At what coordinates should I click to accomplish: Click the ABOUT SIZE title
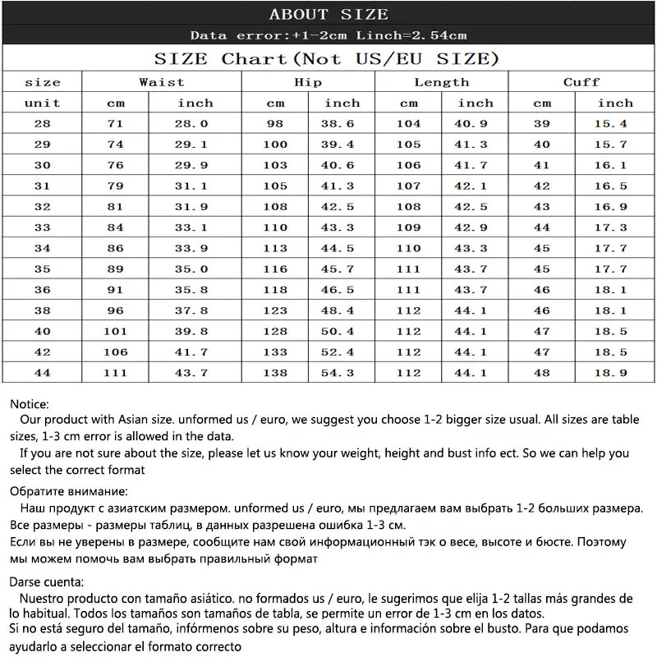coord(328,15)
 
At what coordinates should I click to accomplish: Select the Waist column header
coord(162,82)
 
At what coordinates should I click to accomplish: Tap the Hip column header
coord(308,82)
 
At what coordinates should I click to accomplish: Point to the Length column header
coord(442,82)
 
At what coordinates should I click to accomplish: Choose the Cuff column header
coord(581,82)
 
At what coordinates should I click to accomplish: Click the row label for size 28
coord(43,124)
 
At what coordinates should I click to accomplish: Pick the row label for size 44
coord(43,373)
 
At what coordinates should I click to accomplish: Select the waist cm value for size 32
coord(116,207)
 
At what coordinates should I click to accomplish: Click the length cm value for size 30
coord(408,165)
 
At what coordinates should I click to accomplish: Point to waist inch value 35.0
coord(195,269)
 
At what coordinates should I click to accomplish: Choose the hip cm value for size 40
coord(275,331)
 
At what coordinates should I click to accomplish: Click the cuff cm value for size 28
coord(542,124)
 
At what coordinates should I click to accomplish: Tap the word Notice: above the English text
coord(30,404)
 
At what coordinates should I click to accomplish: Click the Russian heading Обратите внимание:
coord(69,492)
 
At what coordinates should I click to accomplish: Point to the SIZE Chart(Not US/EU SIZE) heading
coord(327,59)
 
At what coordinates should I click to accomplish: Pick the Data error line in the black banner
coord(328,35)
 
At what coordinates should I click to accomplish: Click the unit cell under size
coord(43,103)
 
